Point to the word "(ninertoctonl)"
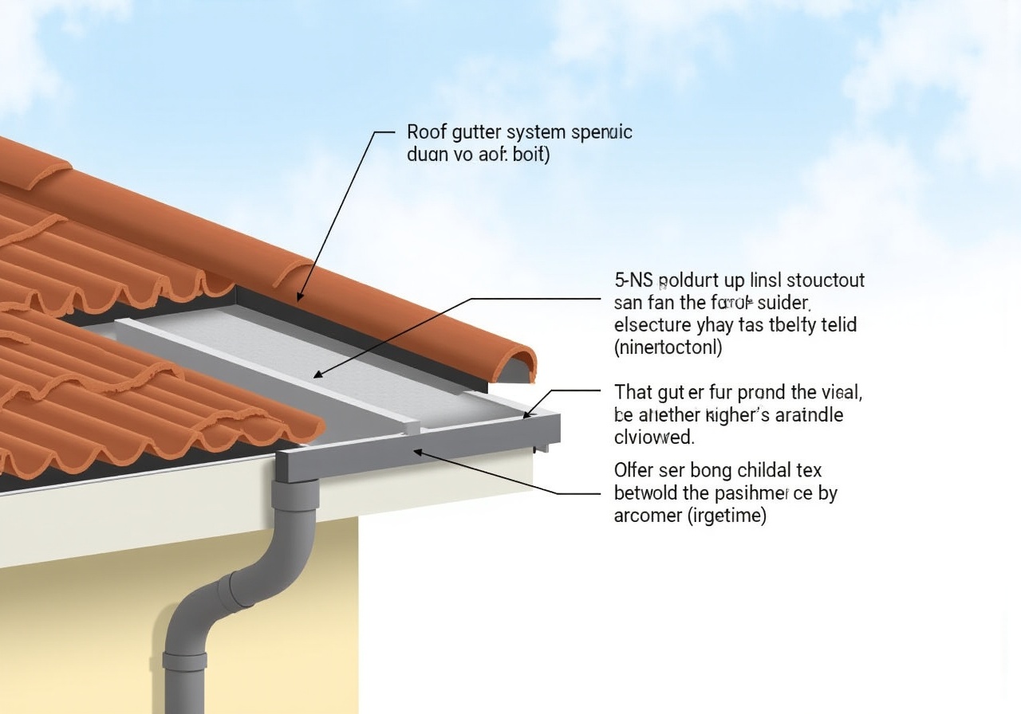668,347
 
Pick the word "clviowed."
654,437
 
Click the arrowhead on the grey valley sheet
318,375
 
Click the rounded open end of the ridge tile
518,366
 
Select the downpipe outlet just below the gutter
294,494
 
